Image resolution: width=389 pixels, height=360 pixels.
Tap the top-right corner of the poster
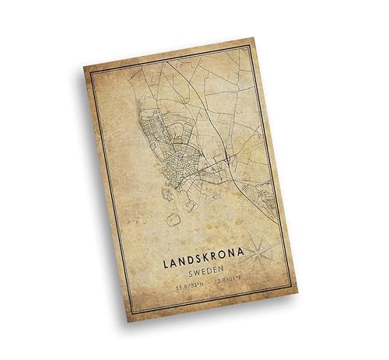(x=253, y=36)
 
